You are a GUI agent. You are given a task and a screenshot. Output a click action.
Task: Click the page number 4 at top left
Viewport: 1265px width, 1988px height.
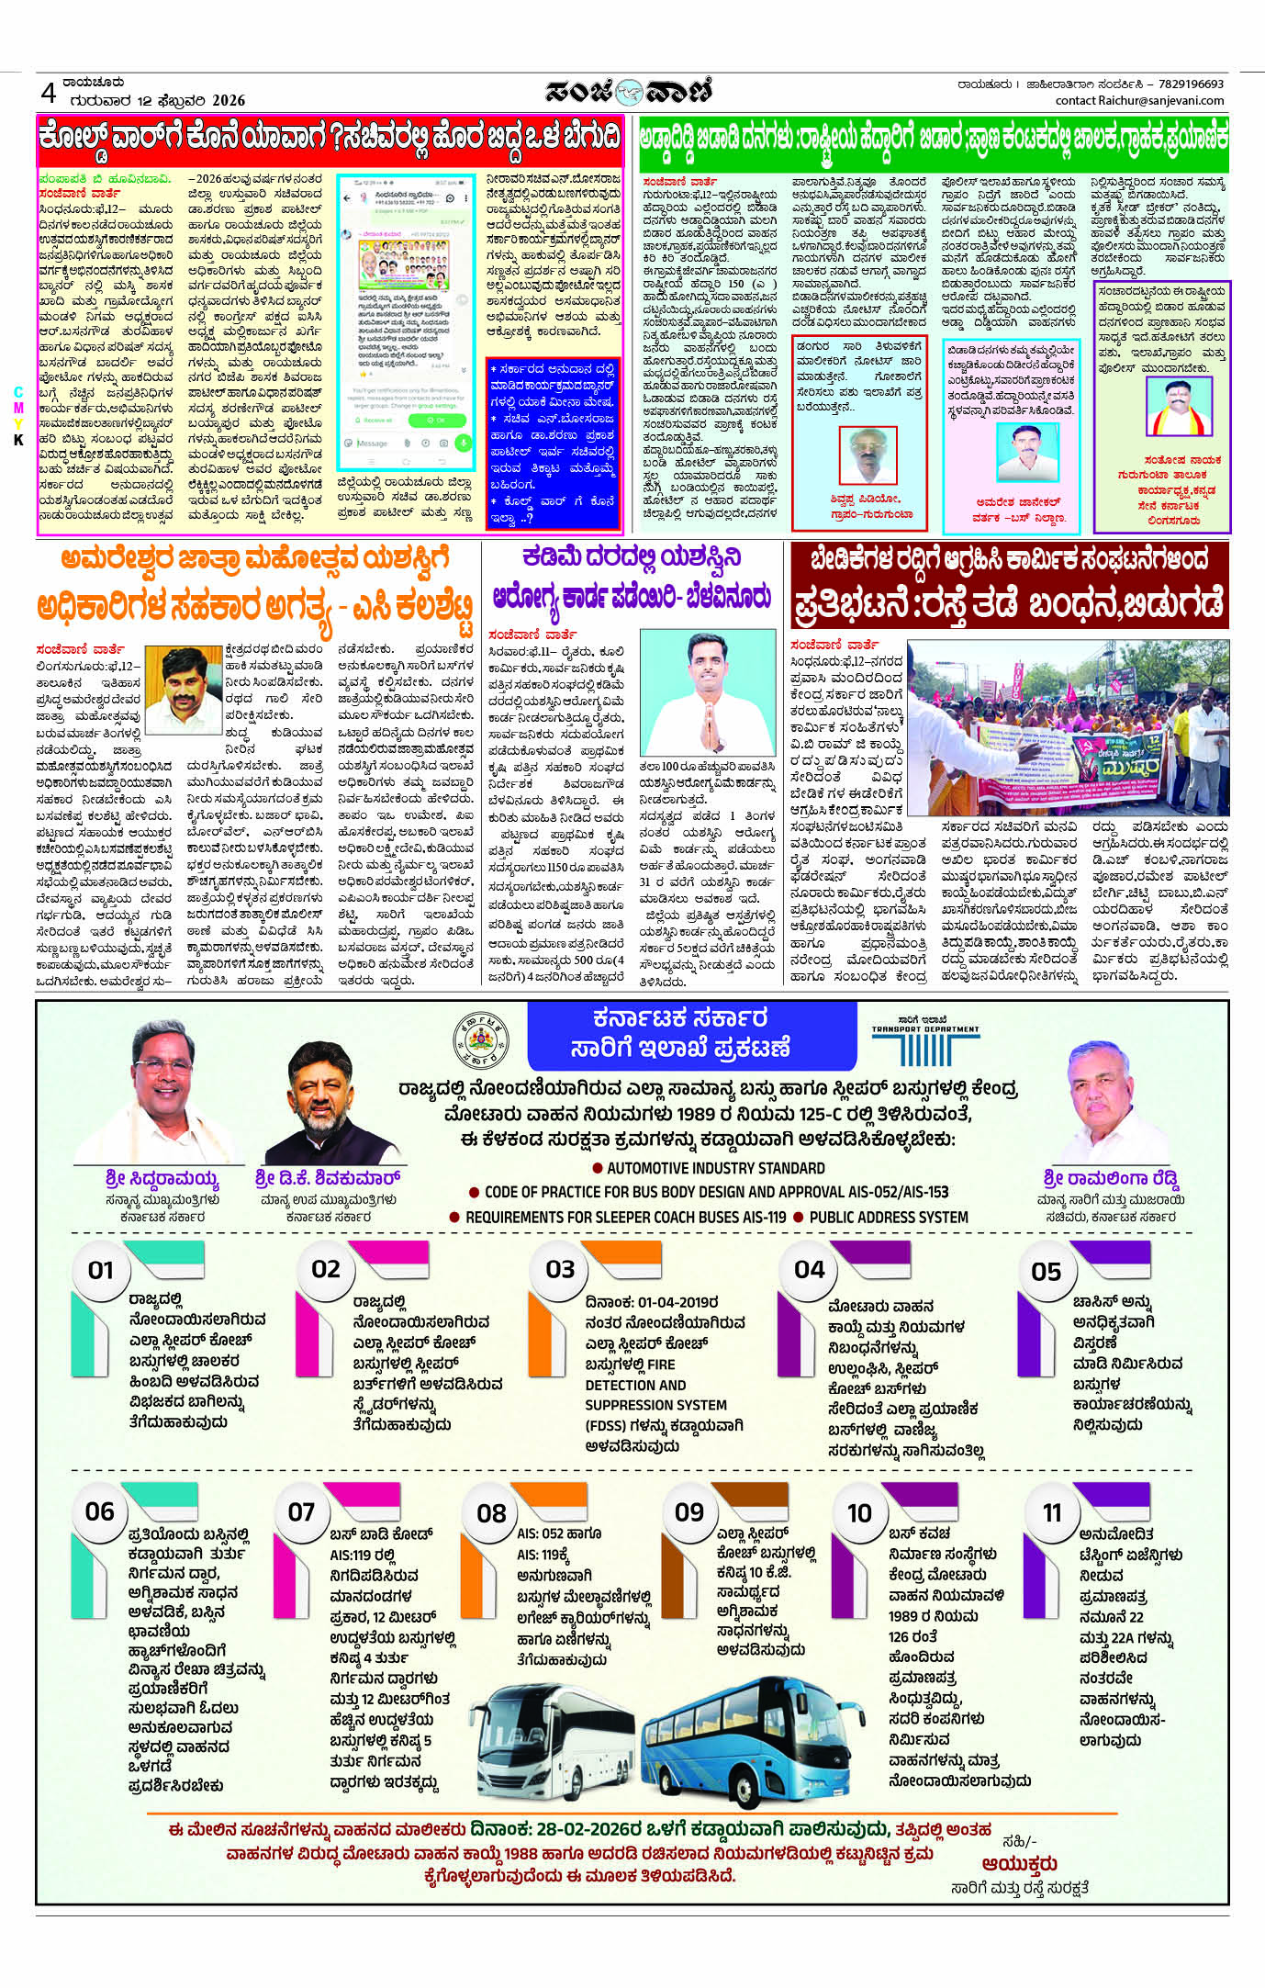tap(49, 93)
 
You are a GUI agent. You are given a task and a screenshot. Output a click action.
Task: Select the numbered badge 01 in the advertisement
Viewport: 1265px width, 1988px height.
tap(101, 1271)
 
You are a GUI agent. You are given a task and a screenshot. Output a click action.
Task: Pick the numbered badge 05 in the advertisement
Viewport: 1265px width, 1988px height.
tap(1046, 1273)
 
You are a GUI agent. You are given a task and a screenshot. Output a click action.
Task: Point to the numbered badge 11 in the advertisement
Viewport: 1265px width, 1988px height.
tap(1052, 1513)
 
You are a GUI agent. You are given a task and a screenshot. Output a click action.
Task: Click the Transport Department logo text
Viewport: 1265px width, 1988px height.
tap(925, 1028)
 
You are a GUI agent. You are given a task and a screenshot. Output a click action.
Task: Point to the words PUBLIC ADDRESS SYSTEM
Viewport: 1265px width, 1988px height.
tap(888, 1218)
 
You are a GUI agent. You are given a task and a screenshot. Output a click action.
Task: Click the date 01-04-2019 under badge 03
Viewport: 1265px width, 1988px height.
tap(677, 1303)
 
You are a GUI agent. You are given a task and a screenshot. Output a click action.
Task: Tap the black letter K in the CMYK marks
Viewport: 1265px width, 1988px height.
tap(17, 440)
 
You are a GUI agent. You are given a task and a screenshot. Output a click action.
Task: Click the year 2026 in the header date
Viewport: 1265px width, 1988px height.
tap(229, 100)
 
